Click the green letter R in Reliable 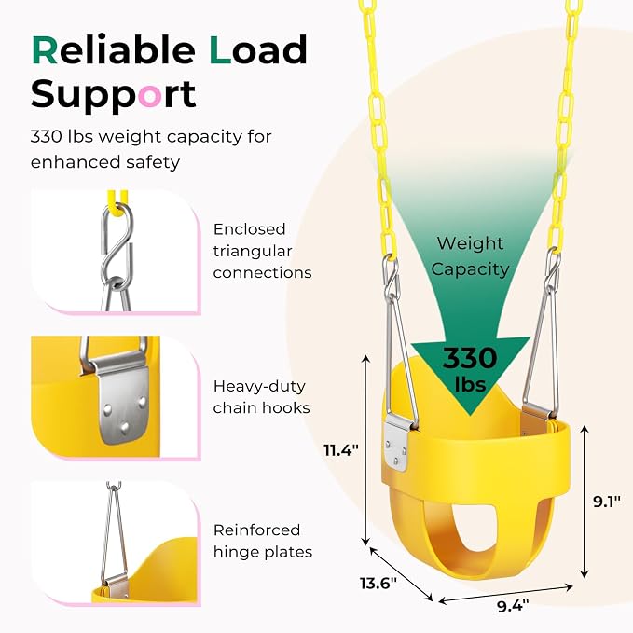(45, 50)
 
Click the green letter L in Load (220, 50)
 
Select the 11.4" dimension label (341, 449)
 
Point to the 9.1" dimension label (606, 502)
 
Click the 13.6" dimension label (378, 583)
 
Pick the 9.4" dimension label (513, 606)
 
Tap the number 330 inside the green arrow (470, 358)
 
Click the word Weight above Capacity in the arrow (470, 244)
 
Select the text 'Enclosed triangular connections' (262, 251)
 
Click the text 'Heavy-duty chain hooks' (262, 397)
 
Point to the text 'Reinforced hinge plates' (263, 541)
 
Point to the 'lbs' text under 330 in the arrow (470, 384)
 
